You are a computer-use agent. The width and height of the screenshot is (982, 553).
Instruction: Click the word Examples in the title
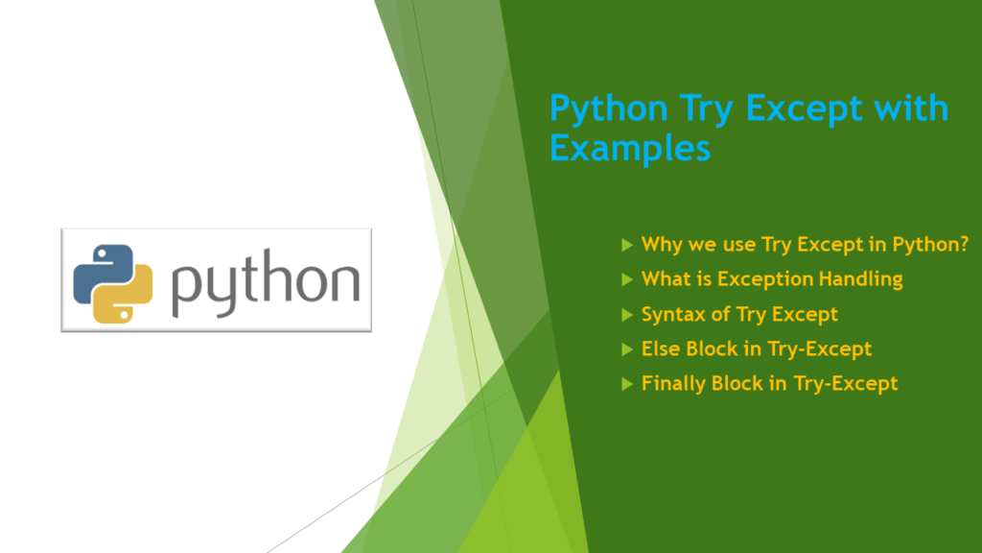[630, 149]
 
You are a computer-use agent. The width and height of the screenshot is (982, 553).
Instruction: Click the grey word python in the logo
[265, 282]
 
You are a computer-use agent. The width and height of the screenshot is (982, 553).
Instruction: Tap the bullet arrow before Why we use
[627, 245]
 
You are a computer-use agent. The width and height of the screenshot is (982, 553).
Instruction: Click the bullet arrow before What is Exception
[627, 279]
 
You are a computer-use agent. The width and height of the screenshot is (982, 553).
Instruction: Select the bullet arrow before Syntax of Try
[627, 314]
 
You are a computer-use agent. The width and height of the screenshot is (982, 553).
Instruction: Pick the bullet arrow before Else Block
[627, 349]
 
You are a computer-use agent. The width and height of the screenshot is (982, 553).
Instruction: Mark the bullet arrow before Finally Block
[627, 383]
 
